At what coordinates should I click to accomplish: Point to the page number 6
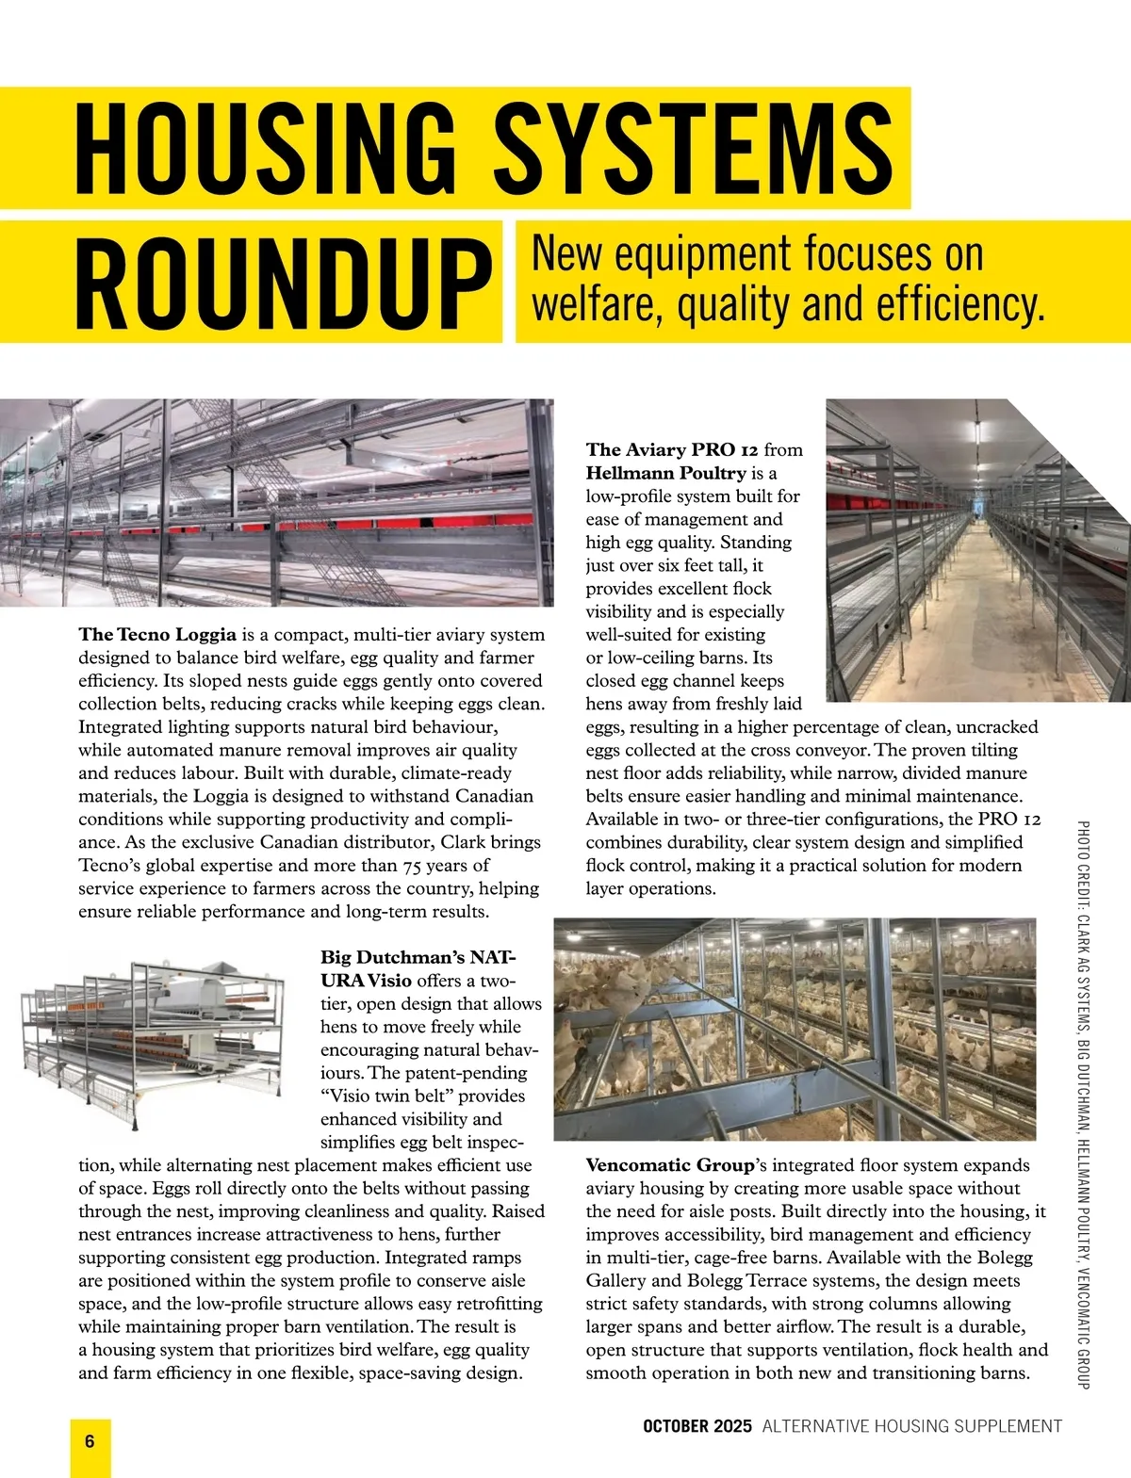click(x=90, y=1441)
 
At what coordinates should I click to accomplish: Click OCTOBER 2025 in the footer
click(x=697, y=1426)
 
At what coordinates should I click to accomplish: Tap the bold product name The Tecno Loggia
click(x=157, y=634)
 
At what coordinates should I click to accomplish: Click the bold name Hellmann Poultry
click(x=665, y=473)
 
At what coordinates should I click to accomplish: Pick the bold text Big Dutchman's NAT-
click(x=418, y=957)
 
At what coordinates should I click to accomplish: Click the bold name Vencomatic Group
click(x=669, y=1165)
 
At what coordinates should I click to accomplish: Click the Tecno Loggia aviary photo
click(x=276, y=502)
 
